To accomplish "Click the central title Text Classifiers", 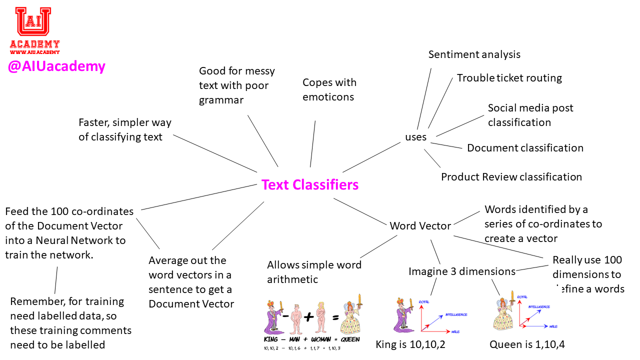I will (310, 185).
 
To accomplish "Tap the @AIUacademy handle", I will (56, 66).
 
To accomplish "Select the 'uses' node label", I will (415, 137).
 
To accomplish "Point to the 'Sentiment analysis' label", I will (474, 54).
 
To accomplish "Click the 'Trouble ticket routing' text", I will (509, 78).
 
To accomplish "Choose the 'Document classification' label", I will (525, 148).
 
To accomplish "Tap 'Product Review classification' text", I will (511, 177).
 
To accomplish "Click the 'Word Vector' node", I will (420, 226).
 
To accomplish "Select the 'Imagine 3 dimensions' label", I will (461, 271).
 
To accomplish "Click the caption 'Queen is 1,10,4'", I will (527, 344).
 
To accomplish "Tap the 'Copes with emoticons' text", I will (329, 89).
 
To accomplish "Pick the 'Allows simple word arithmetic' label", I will (313, 272).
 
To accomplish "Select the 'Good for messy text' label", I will (236, 85).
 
